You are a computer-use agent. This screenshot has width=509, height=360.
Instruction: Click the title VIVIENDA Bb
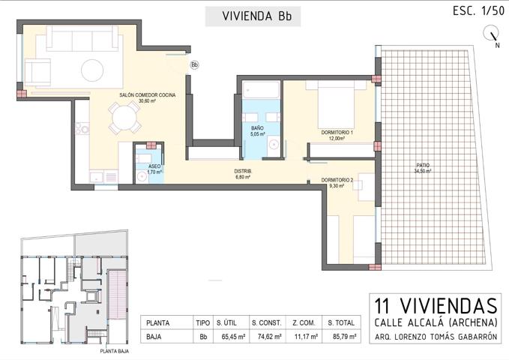pyautogui.click(x=253, y=16)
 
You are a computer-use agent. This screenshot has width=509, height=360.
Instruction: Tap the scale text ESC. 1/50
pyautogui.click(x=478, y=10)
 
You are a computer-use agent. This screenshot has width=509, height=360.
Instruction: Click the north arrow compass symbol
pyautogui.click(x=493, y=34)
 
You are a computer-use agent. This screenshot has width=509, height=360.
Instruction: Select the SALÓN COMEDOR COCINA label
pyautogui.click(x=147, y=96)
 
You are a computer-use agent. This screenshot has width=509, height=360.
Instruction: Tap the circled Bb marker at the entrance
pyautogui.click(x=194, y=65)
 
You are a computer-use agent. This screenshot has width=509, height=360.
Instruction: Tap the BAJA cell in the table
pyautogui.click(x=155, y=337)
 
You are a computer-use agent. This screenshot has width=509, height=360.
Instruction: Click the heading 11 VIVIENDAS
pyautogui.click(x=435, y=306)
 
